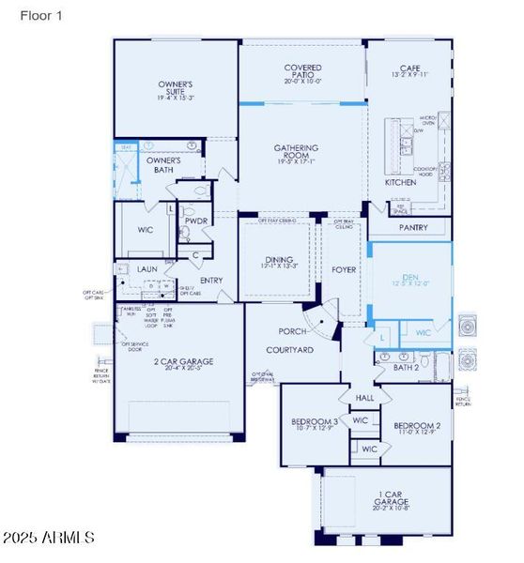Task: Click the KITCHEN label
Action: coord(400,182)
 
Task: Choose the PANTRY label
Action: coord(412,228)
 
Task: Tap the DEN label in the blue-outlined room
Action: coord(409,277)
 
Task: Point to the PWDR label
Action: coord(196,221)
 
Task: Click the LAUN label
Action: coord(147,269)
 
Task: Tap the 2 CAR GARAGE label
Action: coord(178,361)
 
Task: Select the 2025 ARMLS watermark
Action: coord(48,539)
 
